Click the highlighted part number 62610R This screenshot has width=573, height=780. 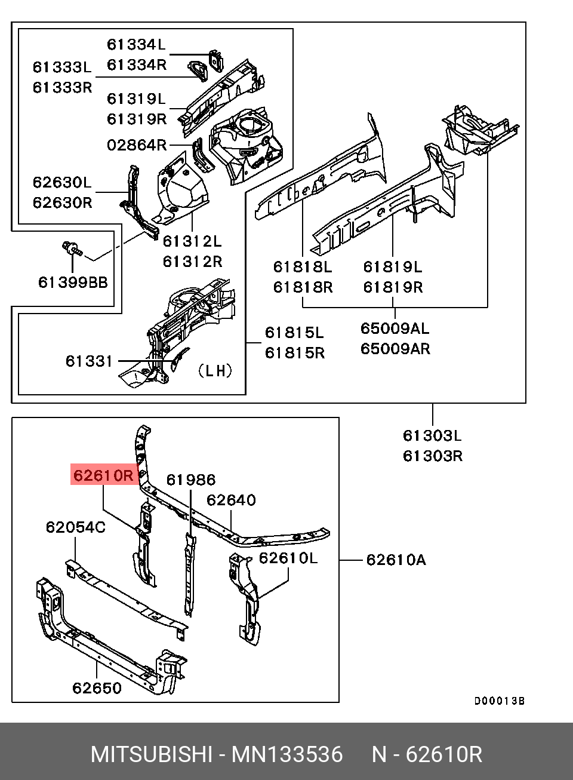[x=104, y=475]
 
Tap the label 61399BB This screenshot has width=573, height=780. [x=73, y=281]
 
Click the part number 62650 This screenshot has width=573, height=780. [x=97, y=688]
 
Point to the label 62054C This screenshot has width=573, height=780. [x=76, y=527]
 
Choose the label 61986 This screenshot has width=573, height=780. [x=190, y=480]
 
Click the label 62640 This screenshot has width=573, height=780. [x=231, y=500]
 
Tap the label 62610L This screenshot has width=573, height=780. [x=288, y=558]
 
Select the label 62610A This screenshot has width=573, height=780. [x=396, y=560]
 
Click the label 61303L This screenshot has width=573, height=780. [x=433, y=435]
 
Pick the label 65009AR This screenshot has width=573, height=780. [x=395, y=348]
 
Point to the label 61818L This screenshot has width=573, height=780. [x=303, y=266]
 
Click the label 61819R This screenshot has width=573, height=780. [x=393, y=287]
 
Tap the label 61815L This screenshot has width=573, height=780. [x=295, y=332]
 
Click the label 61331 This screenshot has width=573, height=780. [x=89, y=361]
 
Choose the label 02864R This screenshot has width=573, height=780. [x=137, y=145]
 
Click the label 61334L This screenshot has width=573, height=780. [x=136, y=44]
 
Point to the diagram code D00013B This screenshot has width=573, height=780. [x=500, y=701]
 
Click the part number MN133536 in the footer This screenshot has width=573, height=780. [x=287, y=755]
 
